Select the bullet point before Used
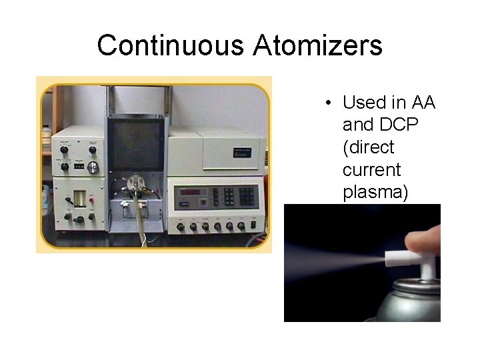point(329,103)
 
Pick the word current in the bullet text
point(371,170)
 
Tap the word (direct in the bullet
point(369,147)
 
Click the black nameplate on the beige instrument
point(242,152)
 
